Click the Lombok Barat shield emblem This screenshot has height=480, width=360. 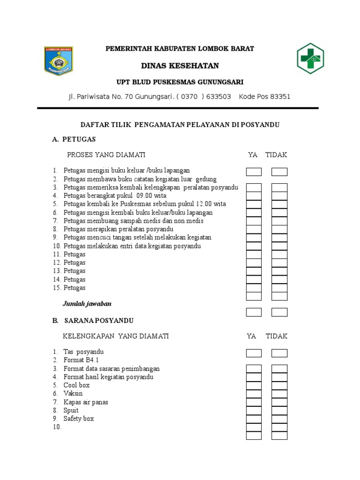point(59,61)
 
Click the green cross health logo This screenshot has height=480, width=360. point(310,59)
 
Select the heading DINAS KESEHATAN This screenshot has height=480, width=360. point(180,65)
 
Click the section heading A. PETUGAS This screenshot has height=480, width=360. point(74,139)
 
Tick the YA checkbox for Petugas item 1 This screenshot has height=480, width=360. point(254,172)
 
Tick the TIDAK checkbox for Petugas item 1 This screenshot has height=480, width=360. point(279,172)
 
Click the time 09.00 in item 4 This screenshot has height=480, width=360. point(145,195)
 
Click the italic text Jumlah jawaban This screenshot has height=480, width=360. point(87,304)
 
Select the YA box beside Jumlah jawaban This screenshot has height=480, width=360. point(254,312)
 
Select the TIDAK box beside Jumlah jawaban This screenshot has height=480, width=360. point(279,312)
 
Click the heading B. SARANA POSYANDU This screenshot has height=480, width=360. point(93,321)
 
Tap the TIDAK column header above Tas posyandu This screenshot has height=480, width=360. point(277,336)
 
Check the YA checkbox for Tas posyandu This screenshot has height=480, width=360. point(254,353)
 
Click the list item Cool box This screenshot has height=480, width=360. point(76,385)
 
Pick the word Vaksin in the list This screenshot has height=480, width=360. point(73,394)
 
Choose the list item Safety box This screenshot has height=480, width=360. point(79,419)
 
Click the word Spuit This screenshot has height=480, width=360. point(71,411)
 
